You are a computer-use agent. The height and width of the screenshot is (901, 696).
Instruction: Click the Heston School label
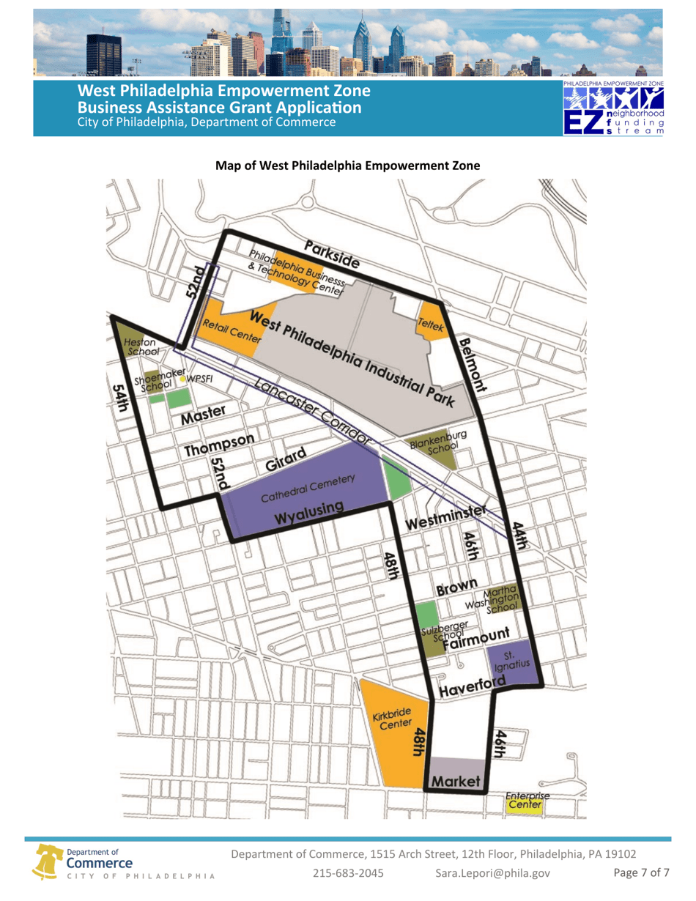(x=139, y=347)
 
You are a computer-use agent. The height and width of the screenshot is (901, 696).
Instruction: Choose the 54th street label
(x=119, y=401)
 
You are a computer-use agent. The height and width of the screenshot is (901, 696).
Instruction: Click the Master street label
(x=204, y=415)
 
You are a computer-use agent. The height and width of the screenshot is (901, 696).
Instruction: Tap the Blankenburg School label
(x=437, y=442)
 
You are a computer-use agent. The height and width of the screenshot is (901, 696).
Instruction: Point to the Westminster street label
(x=446, y=519)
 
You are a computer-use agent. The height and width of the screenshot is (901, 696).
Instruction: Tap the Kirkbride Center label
(x=390, y=720)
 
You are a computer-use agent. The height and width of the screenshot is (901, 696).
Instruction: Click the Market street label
(x=455, y=782)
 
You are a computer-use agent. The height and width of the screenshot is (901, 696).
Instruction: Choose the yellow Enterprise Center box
(x=525, y=805)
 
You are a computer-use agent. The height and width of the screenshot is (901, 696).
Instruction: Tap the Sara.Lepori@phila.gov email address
(x=492, y=873)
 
